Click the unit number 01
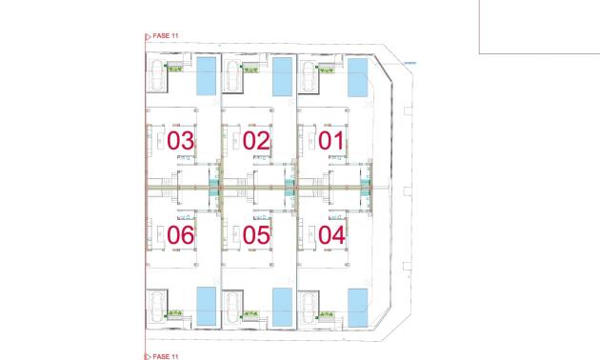click(x=331, y=141)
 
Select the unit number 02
click(x=256, y=141)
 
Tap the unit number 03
click(x=181, y=141)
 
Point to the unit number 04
click(x=331, y=233)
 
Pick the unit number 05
click(x=256, y=234)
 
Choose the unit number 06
click(x=181, y=233)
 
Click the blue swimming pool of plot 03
click(x=206, y=75)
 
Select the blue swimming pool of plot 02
click(x=282, y=76)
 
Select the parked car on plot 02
click(x=232, y=76)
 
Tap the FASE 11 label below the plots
click(x=165, y=355)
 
